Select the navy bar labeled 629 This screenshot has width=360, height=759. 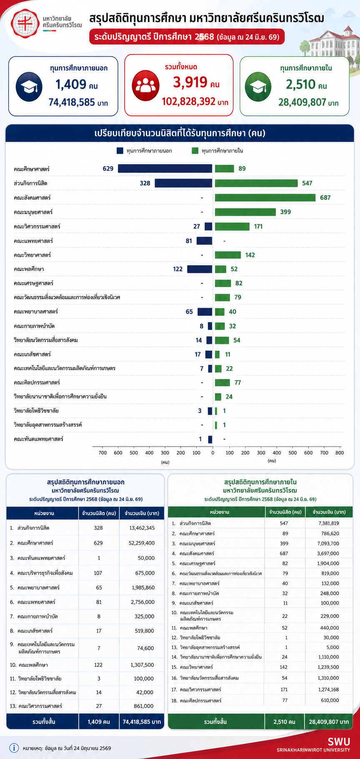click(x=165, y=168)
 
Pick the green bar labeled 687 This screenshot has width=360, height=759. click(x=265, y=198)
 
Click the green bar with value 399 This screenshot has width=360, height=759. click(x=245, y=212)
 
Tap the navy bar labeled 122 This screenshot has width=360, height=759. click(x=200, y=269)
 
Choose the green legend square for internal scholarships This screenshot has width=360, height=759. click(x=195, y=150)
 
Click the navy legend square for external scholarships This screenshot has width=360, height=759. click(x=120, y=150)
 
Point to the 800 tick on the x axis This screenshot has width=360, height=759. click(x=340, y=453)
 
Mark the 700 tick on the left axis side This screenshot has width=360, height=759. click(x=102, y=453)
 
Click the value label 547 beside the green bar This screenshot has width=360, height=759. click(x=307, y=183)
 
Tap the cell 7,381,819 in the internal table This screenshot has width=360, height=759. click(x=328, y=524)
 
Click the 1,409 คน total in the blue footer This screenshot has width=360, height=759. click(x=99, y=721)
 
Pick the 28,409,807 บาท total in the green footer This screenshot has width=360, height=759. click(x=329, y=721)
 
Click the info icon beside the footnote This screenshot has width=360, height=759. click(x=14, y=748)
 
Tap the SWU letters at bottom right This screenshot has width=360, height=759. click(x=338, y=741)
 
